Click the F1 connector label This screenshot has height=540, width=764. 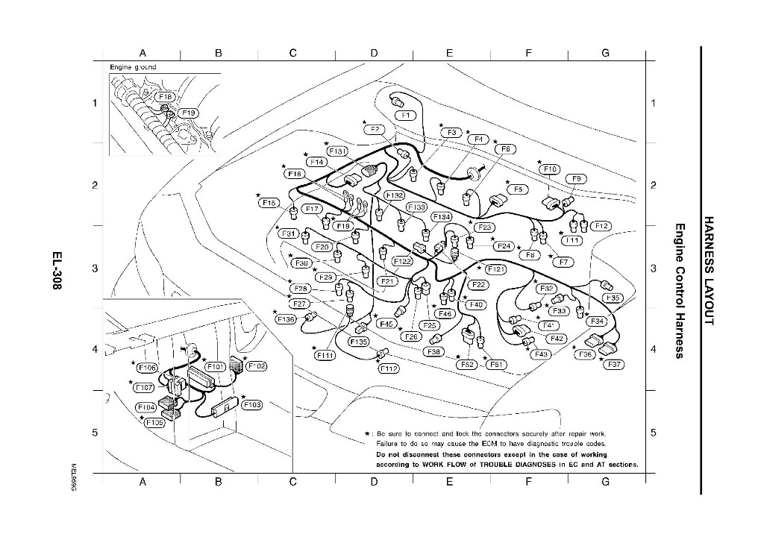[x=405, y=115]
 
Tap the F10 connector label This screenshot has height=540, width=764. [x=549, y=169]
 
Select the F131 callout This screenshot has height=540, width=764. [x=337, y=151]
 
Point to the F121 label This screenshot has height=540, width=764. [x=495, y=269]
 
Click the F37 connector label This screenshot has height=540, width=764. [x=615, y=365]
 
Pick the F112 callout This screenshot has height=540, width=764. [x=389, y=368]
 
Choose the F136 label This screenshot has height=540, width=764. [x=286, y=319]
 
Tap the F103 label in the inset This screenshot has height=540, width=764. [x=252, y=404]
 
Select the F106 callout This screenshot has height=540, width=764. [x=146, y=368]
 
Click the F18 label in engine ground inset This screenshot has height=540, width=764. [x=165, y=97]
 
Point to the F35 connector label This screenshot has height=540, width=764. [x=613, y=298]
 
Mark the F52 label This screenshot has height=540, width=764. [x=467, y=365]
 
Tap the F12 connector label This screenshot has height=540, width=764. [x=601, y=225]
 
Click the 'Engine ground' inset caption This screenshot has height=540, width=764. [x=133, y=67]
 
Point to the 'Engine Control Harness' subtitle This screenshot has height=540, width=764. [x=680, y=290]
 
